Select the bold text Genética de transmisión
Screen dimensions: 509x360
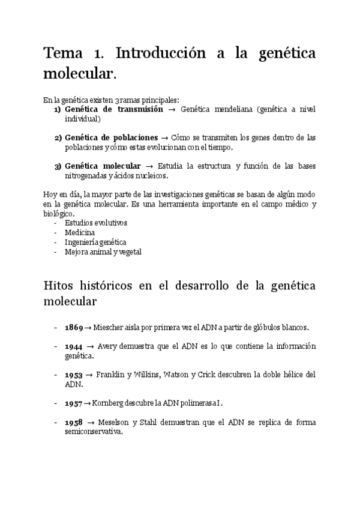click(113, 110)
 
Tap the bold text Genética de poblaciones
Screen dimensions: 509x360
click(111, 137)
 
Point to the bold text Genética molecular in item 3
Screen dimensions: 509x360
click(103, 166)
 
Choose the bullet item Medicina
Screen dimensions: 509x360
click(80, 232)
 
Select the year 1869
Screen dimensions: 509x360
click(74, 327)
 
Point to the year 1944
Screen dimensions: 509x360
click(74, 346)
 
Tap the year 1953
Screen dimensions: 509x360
click(74, 375)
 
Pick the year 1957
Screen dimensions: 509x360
click(74, 403)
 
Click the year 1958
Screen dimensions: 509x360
click(74, 422)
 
